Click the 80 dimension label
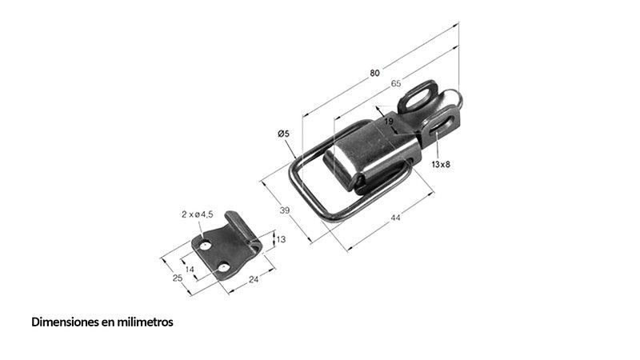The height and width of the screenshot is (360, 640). point(374,73)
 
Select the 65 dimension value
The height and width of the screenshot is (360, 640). point(396,84)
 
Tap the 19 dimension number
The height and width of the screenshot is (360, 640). point(389,122)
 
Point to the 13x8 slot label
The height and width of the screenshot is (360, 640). point(441,165)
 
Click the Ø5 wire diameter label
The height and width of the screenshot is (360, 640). point(283,134)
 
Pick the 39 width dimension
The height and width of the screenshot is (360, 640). point(285,210)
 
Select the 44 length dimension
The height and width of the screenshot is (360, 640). point(395,218)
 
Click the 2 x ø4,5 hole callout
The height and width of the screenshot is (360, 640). point(197,214)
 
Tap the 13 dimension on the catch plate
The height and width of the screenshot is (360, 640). point(281,239)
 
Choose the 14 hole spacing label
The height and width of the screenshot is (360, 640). point(190,270)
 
